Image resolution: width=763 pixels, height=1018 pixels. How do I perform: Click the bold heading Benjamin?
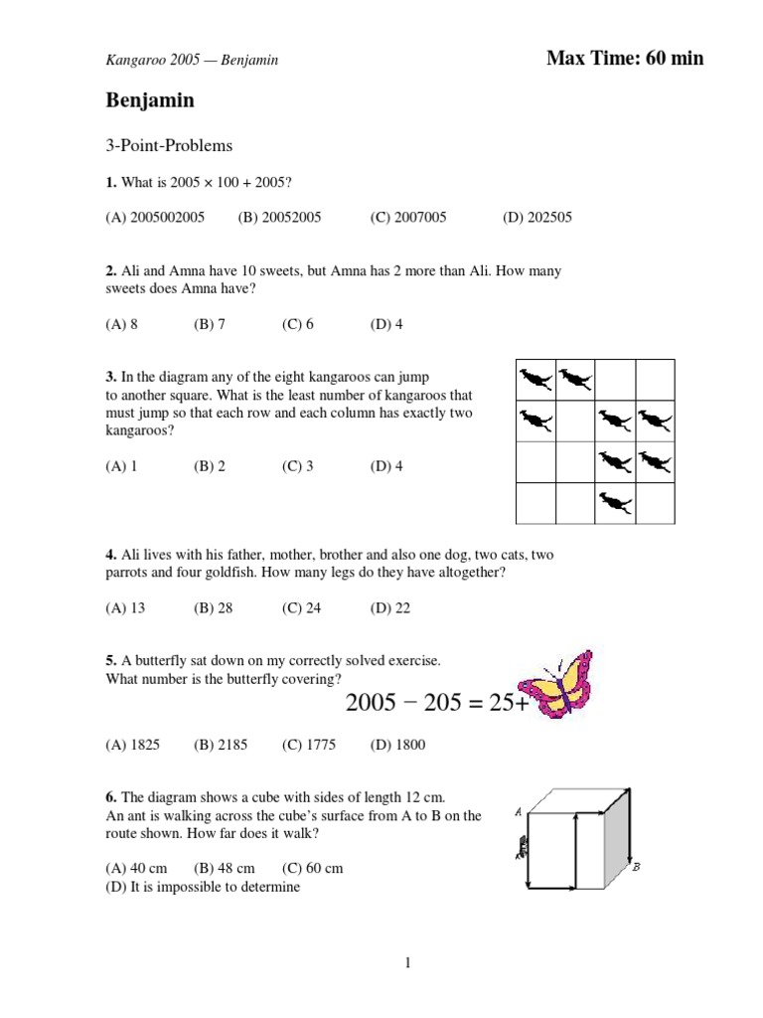[150, 100]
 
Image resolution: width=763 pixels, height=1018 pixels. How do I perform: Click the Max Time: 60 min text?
[625, 58]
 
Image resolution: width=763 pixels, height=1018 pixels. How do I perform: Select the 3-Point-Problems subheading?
[169, 145]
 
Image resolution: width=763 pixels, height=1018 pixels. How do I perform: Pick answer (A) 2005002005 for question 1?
[155, 218]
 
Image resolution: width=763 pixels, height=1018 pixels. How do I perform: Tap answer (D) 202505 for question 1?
[536, 218]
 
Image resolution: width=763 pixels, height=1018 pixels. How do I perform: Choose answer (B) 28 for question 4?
[213, 608]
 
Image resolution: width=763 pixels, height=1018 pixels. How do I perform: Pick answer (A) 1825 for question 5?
[133, 745]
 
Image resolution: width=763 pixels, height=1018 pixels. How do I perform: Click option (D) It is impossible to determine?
[203, 887]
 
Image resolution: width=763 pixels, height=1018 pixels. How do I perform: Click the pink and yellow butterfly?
[562, 685]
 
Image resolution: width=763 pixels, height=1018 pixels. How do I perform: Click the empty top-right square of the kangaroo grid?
[655, 379]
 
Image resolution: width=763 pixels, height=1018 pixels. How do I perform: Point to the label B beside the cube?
[636, 867]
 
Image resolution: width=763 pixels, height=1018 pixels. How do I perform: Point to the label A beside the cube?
[519, 811]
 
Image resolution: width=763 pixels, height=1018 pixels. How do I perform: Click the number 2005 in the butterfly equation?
[376, 703]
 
